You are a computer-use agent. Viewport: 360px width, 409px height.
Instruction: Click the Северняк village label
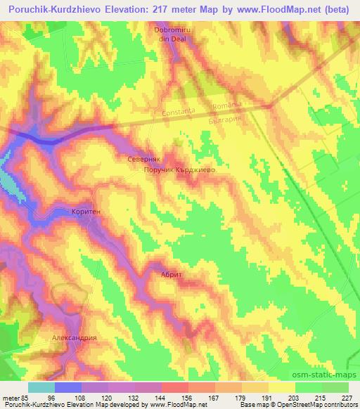(145, 160)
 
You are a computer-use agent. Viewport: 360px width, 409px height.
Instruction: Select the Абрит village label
(172, 275)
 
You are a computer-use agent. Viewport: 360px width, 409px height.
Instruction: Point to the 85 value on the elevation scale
(29, 398)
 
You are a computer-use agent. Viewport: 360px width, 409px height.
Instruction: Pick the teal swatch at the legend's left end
(41, 387)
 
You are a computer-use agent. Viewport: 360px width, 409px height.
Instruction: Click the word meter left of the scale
(12, 398)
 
